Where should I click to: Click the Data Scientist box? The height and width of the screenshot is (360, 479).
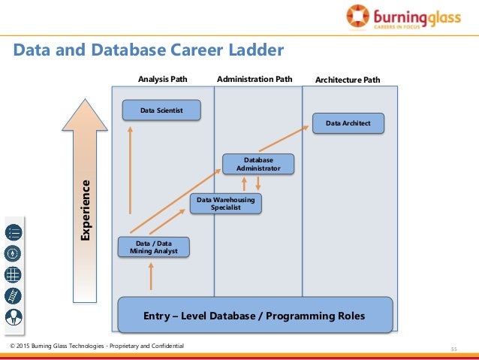(162, 110)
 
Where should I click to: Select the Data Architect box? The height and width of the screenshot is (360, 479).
(348, 123)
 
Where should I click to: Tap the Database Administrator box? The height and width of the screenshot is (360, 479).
(258, 165)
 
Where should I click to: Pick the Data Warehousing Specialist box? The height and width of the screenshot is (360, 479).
(225, 204)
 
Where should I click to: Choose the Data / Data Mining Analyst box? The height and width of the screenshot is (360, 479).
(154, 247)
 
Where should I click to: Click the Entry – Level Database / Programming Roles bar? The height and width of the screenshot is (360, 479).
(254, 316)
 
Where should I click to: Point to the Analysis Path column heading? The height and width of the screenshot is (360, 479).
(162, 78)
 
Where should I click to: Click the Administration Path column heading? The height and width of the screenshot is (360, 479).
(255, 78)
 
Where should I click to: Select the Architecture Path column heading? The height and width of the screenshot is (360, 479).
(348, 79)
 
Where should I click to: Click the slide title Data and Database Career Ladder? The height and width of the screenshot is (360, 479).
(149, 51)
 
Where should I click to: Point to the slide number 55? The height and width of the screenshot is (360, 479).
(453, 349)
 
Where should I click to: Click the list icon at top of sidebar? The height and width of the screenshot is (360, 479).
(14, 231)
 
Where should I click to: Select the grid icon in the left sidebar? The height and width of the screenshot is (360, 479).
(14, 274)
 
